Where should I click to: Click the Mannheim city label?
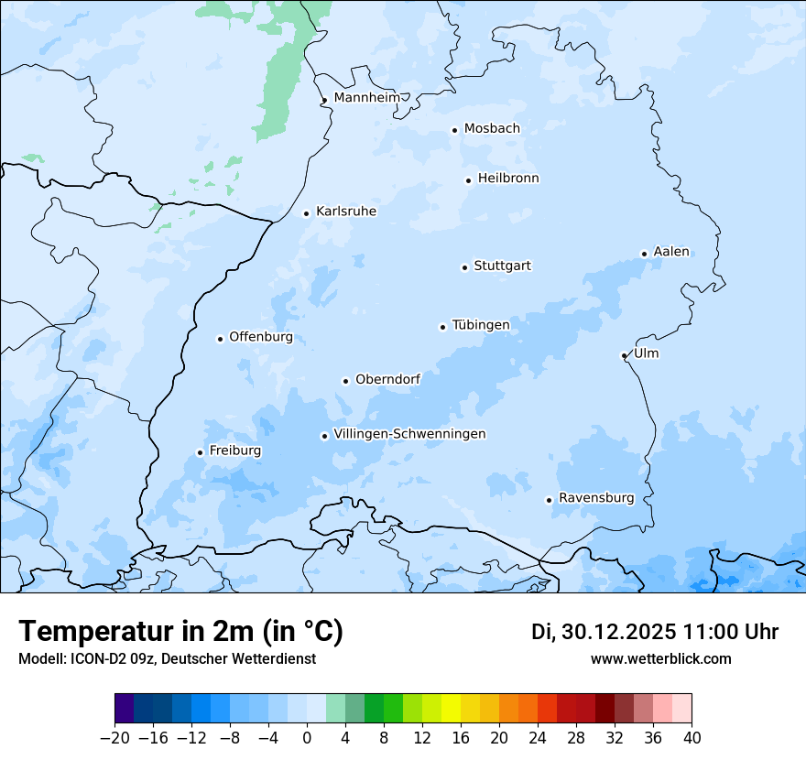click(366, 98)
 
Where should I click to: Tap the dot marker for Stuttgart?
click(464, 267)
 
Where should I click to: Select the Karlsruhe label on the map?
click(346, 212)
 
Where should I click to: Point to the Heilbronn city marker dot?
click(468, 180)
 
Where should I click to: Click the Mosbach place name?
click(492, 129)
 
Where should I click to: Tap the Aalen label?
click(671, 252)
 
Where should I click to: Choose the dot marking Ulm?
click(624, 355)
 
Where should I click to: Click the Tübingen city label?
click(481, 325)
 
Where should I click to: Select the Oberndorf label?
click(387, 379)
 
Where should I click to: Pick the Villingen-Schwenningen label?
click(409, 434)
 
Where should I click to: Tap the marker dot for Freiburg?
click(200, 452)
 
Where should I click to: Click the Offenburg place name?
click(261, 337)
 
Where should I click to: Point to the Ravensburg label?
click(596, 498)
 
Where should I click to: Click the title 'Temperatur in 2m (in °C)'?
click(180, 632)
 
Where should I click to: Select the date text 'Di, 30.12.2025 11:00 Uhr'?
click(655, 632)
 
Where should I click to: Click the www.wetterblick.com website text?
click(661, 659)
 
